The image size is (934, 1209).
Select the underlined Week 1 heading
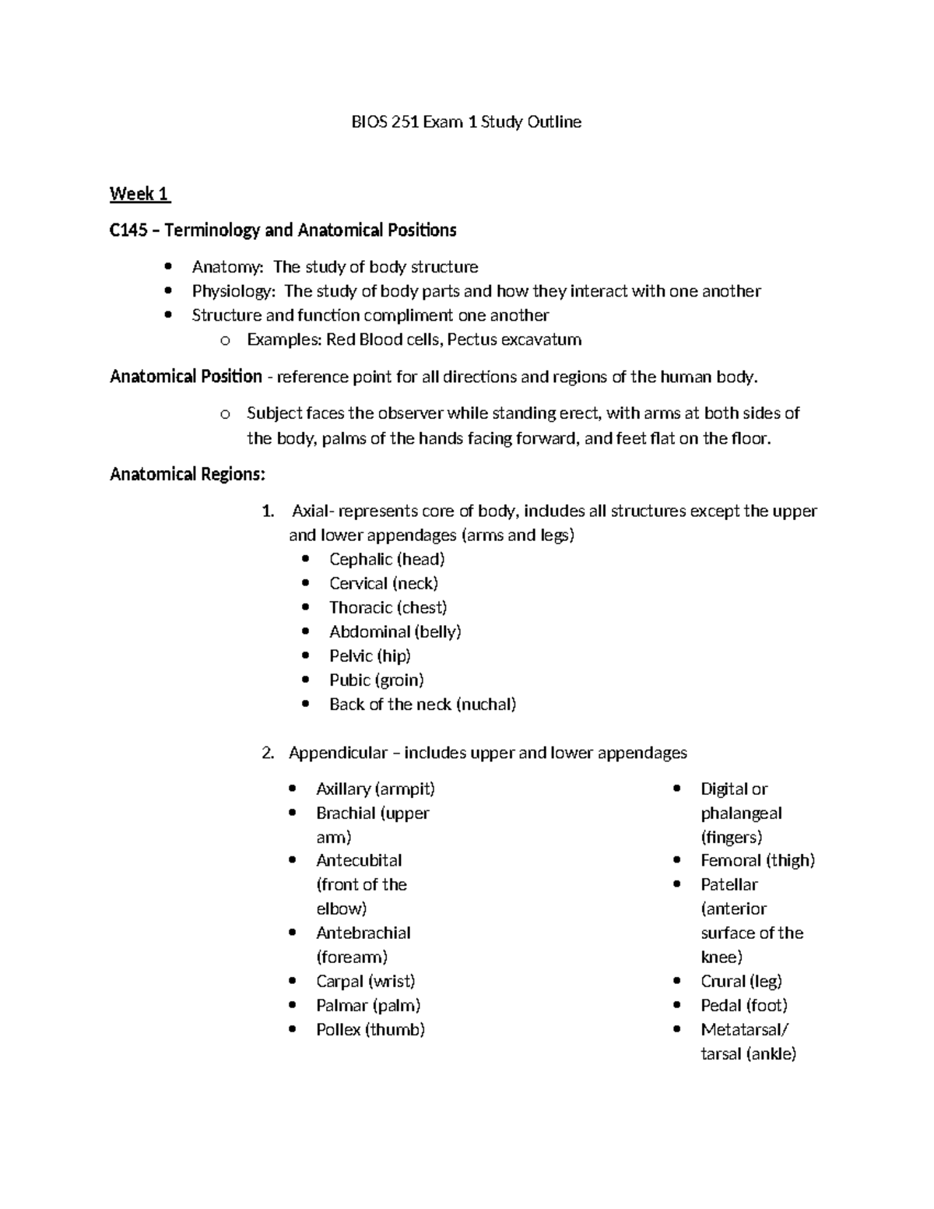pyautogui.click(x=139, y=194)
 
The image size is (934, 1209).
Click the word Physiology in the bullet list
pyautogui.click(x=233, y=291)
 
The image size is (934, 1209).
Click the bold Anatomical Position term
pyautogui.click(x=186, y=377)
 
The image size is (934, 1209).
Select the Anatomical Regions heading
pyautogui.click(x=188, y=474)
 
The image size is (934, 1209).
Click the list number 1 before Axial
pyautogui.click(x=267, y=511)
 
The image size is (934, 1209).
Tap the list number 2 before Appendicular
pyautogui.click(x=267, y=753)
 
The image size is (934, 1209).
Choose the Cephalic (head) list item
pyautogui.click(x=387, y=559)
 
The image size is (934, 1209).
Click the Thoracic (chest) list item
pyautogui.click(x=388, y=607)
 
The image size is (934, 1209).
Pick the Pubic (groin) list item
pyautogui.click(x=376, y=680)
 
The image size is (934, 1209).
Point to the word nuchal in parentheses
pyautogui.click(x=486, y=705)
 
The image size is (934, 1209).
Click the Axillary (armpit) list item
pyautogui.click(x=375, y=789)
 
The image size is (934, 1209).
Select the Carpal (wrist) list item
pyautogui.click(x=365, y=981)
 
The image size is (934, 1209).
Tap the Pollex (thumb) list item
pyautogui.click(x=370, y=1029)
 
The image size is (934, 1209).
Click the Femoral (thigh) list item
pyautogui.click(x=757, y=860)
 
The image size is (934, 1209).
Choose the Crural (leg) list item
pyautogui.click(x=741, y=981)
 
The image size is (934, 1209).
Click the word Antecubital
pyautogui.click(x=359, y=860)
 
